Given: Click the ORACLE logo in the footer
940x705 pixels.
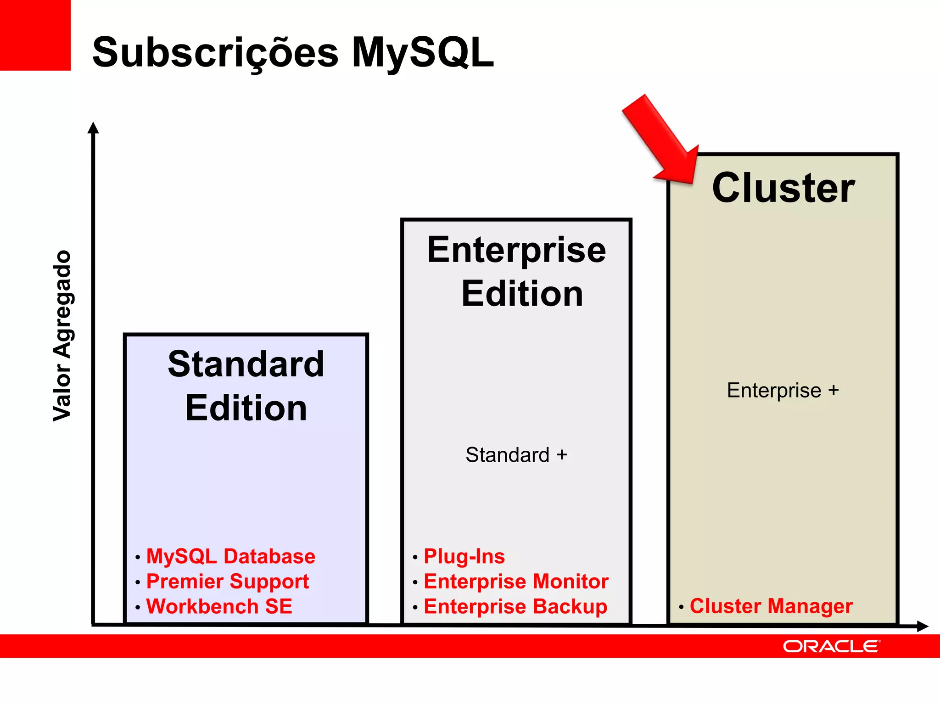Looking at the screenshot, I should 831,646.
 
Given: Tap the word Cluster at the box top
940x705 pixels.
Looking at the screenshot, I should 783,188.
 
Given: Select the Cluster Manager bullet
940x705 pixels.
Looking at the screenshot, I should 771,606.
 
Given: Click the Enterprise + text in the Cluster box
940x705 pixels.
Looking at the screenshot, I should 783,391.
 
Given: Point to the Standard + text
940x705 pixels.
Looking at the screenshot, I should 516,455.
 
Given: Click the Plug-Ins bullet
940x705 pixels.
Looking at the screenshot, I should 464,556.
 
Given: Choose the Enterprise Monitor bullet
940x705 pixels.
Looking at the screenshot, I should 516,582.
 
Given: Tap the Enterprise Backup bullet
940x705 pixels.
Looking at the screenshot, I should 515,606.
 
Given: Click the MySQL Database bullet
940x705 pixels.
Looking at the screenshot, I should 230,556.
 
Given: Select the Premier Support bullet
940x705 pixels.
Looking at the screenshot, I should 227,582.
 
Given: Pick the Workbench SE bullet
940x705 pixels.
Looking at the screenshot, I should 219,606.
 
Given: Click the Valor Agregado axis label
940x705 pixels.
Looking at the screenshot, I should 62,336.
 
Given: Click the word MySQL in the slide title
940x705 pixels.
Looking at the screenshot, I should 423,53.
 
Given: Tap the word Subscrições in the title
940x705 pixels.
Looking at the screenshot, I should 215,53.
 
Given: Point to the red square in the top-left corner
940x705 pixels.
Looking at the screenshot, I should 35,35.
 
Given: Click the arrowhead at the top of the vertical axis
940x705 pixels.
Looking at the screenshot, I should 93,128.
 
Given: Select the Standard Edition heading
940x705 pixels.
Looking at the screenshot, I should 246,386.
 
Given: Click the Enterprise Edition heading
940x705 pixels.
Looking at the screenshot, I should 517,271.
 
